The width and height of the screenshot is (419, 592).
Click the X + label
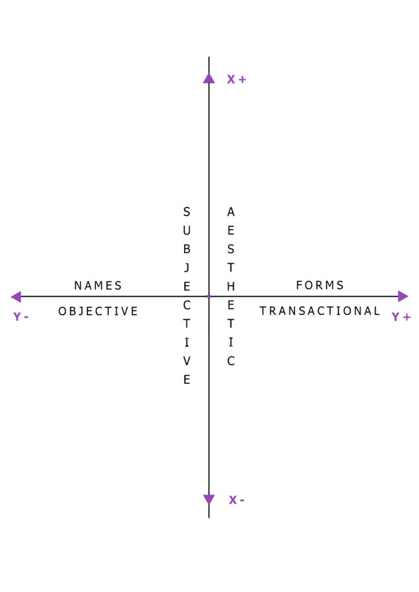[x=236, y=80]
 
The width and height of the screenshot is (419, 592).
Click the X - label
[x=236, y=500]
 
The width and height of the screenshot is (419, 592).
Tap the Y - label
[x=21, y=317]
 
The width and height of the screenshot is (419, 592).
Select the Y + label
[x=401, y=317]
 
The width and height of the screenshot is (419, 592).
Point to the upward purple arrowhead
[x=209, y=78]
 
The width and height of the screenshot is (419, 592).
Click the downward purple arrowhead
[x=209, y=499]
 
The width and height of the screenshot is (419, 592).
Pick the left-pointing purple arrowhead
[x=16, y=297]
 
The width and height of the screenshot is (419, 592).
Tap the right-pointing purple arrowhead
[x=403, y=297]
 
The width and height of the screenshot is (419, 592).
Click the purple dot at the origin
[x=209, y=297]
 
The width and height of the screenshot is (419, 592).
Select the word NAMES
[x=98, y=286]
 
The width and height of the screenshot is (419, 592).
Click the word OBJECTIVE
[x=98, y=311]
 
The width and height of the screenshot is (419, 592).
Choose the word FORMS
[x=320, y=286]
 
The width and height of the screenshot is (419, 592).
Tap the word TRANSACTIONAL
[x=320, y=311]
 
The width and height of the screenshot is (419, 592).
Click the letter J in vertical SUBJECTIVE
[x=186, y=268]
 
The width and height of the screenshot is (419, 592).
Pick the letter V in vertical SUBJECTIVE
[x=186, y=361]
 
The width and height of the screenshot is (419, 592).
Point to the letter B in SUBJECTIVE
[x=186, y=250]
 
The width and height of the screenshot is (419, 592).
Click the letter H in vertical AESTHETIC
[x=231, y=287]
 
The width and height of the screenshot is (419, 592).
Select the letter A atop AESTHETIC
[x=231, y=212]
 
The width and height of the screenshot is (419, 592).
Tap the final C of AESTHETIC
[x=231, y=361]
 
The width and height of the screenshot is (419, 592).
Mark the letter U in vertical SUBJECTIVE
[x=186, y=231]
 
